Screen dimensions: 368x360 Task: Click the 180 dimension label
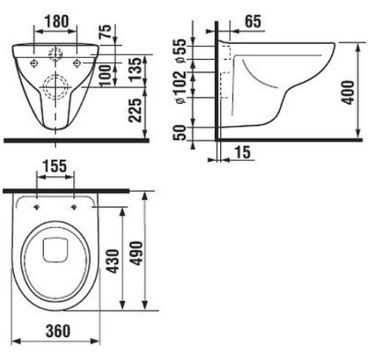pos(57,21)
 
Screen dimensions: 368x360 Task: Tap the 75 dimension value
pos(105,32)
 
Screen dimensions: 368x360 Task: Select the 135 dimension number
pos(135,69)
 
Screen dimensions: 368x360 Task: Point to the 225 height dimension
pos(135,110)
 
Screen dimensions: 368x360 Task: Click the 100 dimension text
pos(105,75)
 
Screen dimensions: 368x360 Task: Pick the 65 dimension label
pos(253,21)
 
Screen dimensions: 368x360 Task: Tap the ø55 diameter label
pos(181,51)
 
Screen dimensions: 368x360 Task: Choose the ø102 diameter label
pos(181,87)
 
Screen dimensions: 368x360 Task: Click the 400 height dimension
pos(348,92)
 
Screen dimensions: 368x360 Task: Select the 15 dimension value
pos(242,152)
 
